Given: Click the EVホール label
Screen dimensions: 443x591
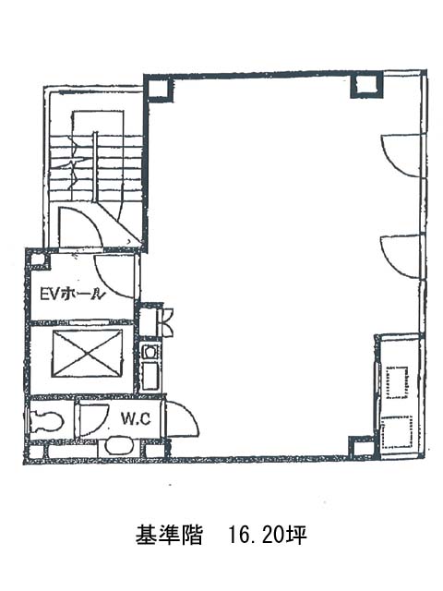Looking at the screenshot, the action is click(x=72, y=294).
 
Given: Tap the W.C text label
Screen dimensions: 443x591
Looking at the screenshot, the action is click(x=136, y=418).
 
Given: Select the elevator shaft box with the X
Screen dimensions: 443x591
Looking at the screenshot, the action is click(x=88, y=353).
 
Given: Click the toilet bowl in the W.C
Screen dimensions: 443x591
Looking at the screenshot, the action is click(x=46, y=421).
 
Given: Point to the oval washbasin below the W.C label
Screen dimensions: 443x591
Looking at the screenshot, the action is click(x=119, y=445).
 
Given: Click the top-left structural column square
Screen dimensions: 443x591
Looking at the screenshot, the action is click(x=158, y=89).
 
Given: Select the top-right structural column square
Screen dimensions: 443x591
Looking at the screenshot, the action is click(x=366, y=84).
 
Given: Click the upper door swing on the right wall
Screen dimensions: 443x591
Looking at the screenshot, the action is click(x=401, y=155).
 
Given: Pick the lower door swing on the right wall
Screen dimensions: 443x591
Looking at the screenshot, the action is click(x=401, y=257).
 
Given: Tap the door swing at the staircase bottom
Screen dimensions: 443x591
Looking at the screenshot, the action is click(x=80, y=228).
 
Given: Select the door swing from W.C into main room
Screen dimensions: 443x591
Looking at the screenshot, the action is click(x=182, y=418).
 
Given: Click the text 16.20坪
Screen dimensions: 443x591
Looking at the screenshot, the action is click(x=268, y=535).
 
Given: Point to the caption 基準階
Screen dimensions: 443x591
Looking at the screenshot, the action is click(x=169, y=535).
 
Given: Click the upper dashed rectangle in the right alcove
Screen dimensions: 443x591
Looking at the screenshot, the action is click(x=398, y=382).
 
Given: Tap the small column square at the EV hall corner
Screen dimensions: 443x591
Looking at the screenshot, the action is click(x=38, y=259).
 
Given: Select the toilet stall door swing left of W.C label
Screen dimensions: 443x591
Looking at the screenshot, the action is click(x=91, y=420).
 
